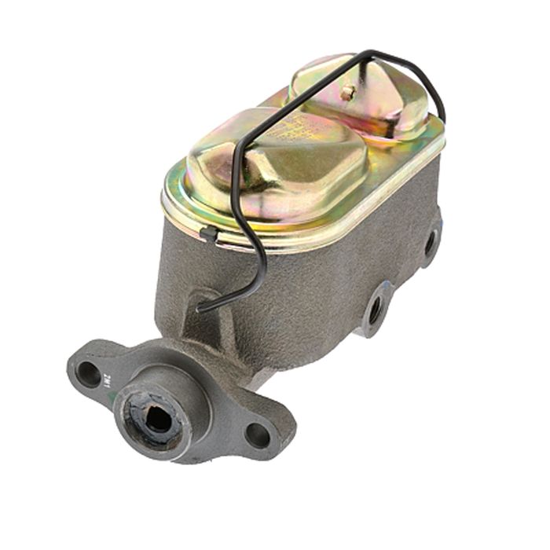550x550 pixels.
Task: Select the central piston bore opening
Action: point(158,418)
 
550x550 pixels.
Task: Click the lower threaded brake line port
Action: point(376,309)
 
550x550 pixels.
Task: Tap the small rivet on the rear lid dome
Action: point(346,92)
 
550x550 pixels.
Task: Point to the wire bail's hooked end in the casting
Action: point(203,308)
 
